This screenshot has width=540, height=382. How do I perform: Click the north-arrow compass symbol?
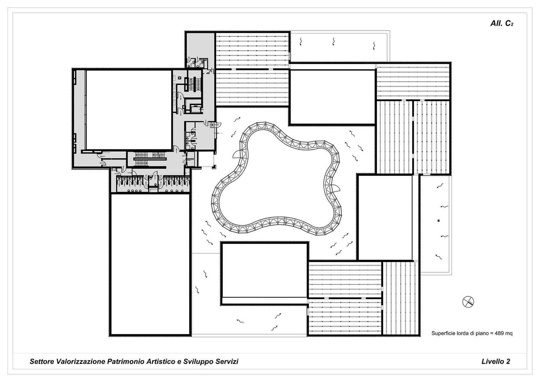pos(468,302)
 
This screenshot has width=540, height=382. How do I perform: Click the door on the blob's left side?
pos(236,155)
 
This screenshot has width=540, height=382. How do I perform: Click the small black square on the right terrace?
pos(438,221)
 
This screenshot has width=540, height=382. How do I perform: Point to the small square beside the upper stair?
pos(180,77)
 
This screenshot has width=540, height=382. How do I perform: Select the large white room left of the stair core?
pos(129,110)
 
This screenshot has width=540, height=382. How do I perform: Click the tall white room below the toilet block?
pos(150,264)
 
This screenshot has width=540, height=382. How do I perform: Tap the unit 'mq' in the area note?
pos(509,334)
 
